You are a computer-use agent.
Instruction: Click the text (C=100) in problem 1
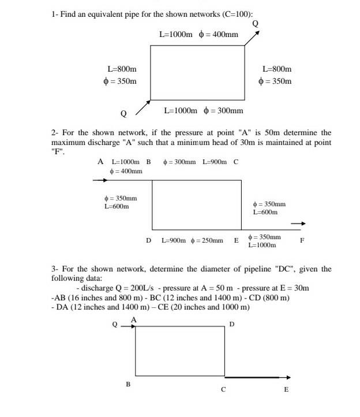[237, 12]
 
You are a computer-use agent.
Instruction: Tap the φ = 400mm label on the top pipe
[218, 35]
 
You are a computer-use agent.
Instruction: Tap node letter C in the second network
[235, 162]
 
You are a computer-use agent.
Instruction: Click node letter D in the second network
[148, 239]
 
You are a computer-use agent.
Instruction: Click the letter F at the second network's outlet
[302, 239]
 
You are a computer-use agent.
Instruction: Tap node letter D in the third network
[232, 324]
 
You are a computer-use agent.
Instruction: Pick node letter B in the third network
[128, 384]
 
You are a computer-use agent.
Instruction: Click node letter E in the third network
[286, 389]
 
